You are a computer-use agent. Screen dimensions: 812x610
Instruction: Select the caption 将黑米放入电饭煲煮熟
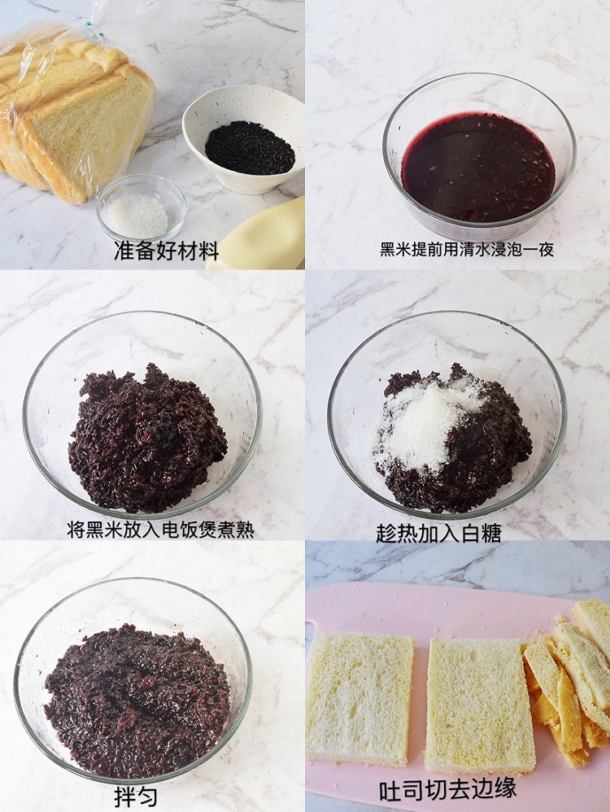[x=160, y=530]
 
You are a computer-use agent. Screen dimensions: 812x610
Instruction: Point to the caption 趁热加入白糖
[x=438, y=533]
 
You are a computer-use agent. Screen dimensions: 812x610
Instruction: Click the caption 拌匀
[x=136, y=796]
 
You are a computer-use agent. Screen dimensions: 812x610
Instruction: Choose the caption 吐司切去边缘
[x=447, y=789]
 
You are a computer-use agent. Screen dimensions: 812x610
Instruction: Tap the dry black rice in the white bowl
[x=250, y=148]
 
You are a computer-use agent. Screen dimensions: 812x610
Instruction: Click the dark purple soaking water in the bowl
[x=478, y=167]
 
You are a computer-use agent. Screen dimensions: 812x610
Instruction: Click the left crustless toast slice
[x=359, y=699]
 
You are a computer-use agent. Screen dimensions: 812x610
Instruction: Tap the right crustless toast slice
[x=478, y=704]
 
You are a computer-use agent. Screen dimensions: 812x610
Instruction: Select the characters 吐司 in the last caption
[x=399, y=789]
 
